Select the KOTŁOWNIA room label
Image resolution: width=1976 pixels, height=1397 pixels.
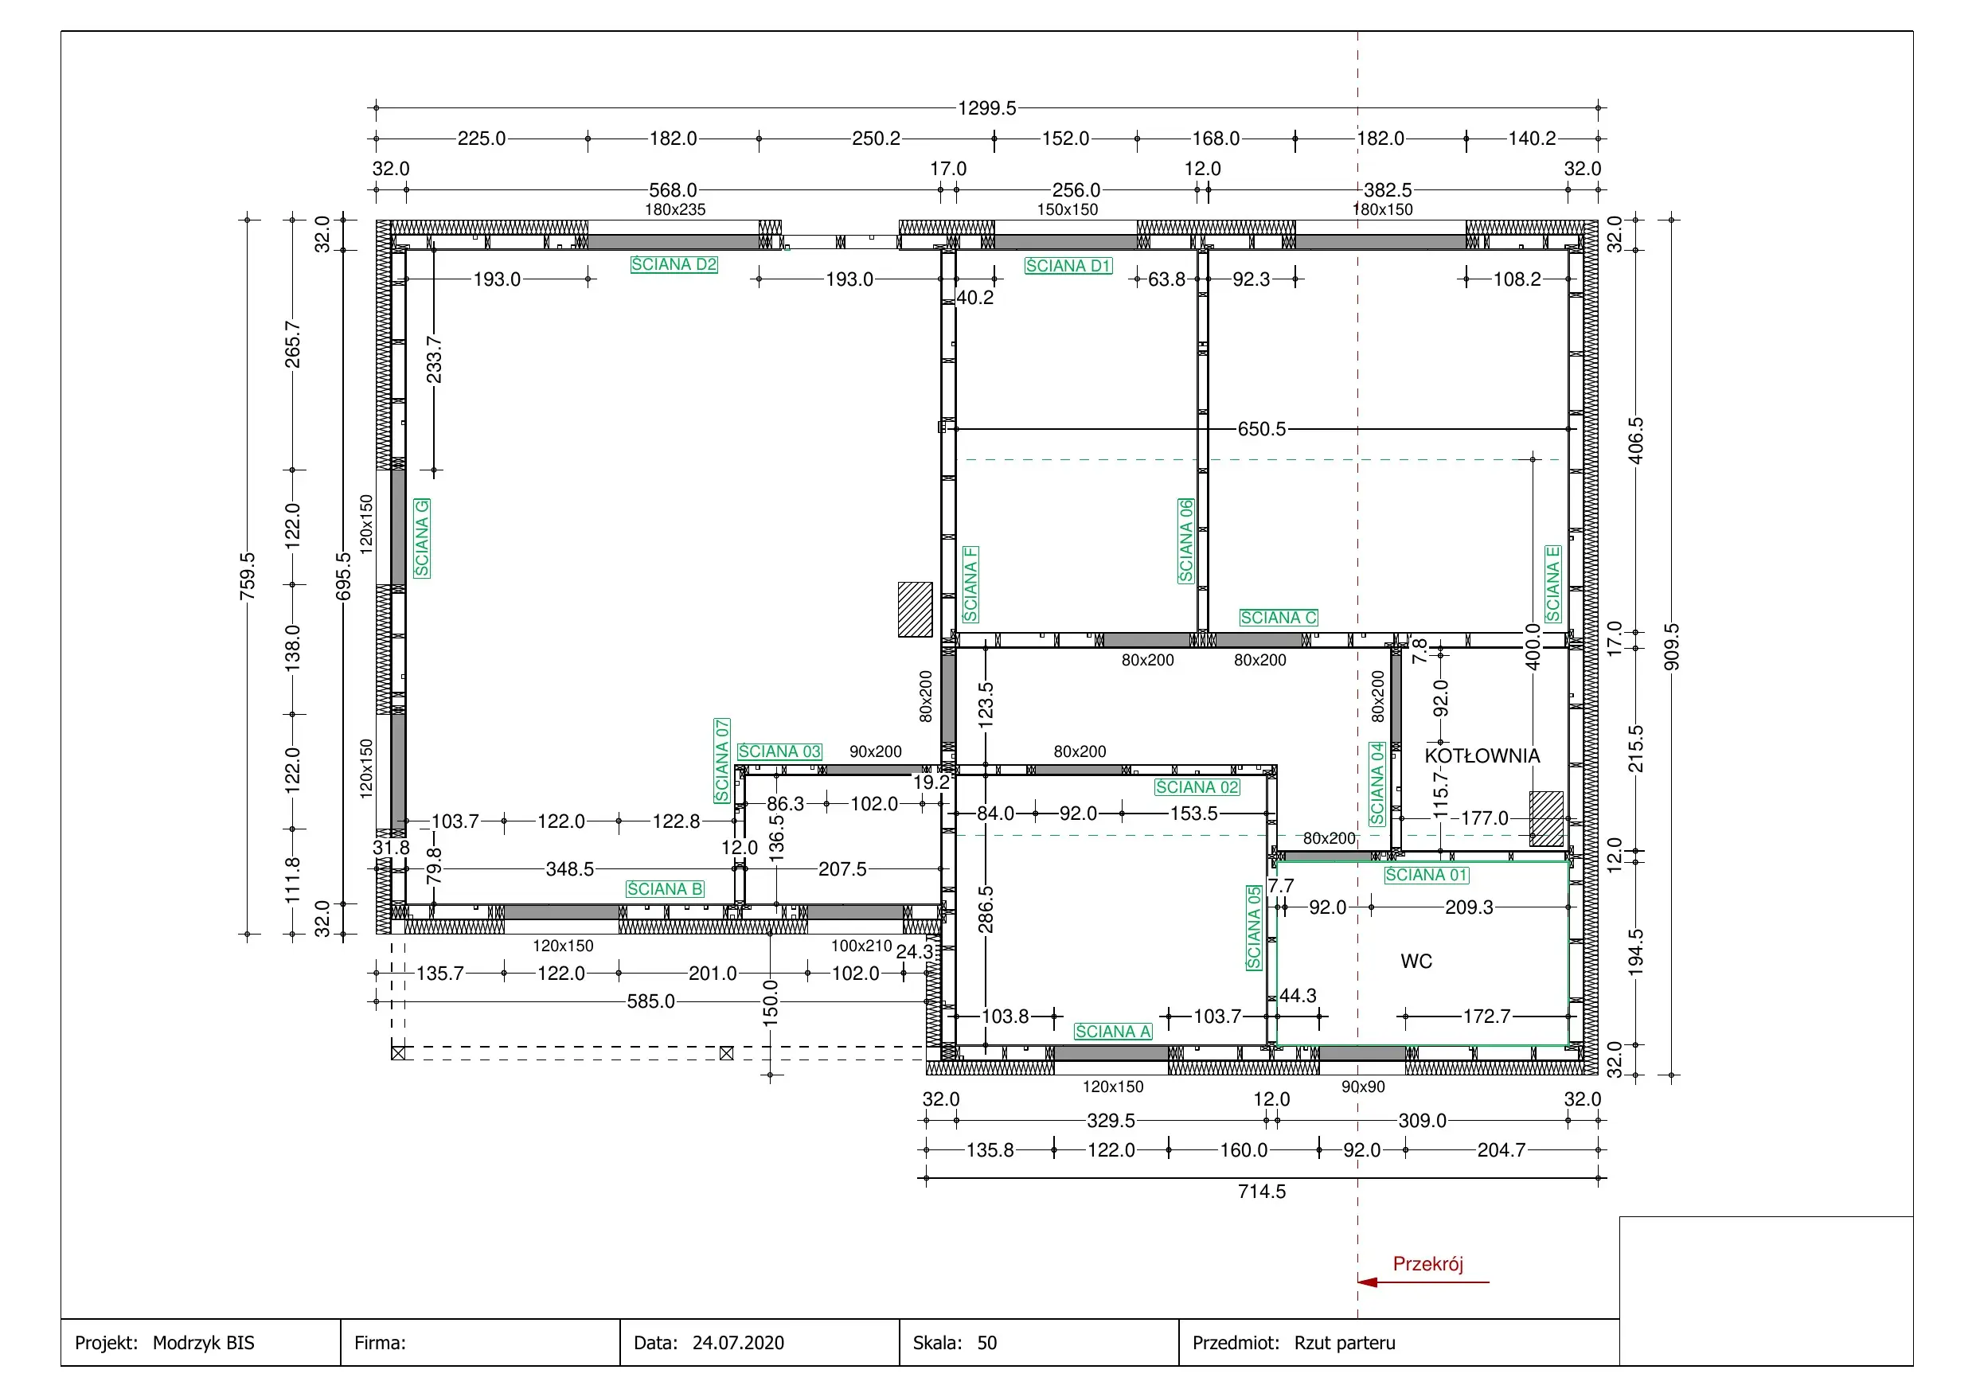1482,755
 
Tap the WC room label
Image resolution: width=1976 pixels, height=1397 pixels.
1416,962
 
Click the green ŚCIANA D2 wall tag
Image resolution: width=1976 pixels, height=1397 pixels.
674,264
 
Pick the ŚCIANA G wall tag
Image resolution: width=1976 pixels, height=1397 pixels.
422,538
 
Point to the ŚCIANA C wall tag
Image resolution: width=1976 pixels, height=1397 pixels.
1279,618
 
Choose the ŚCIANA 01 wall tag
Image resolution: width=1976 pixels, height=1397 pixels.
1427,876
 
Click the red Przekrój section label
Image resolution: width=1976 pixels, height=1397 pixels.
1427,1263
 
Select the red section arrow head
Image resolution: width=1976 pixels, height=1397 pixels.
1368,1282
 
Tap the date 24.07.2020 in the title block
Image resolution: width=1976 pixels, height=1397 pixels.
739,1343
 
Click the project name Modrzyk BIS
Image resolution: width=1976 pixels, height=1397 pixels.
204,1343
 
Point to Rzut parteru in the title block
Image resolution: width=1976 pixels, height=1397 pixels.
1345,1343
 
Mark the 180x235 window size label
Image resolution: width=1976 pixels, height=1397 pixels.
676,209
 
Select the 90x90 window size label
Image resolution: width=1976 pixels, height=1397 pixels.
1363,1087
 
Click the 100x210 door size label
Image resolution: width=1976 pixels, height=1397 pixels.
861,946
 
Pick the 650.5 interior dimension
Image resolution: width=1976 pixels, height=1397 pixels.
1262,429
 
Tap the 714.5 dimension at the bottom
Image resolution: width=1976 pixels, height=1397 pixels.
1262,1192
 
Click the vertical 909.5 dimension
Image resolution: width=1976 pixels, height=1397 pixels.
1671,647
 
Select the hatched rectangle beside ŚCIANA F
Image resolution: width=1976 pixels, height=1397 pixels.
915,610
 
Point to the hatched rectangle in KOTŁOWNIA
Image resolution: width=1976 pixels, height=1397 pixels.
1547,818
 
